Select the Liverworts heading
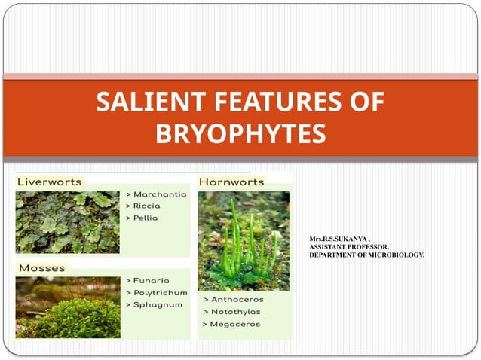49,182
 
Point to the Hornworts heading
231,182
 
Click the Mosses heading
41,267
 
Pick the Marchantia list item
156,194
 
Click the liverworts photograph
67,222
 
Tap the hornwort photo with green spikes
243,240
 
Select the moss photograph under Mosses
67,307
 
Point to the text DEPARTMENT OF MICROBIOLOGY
366,255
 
